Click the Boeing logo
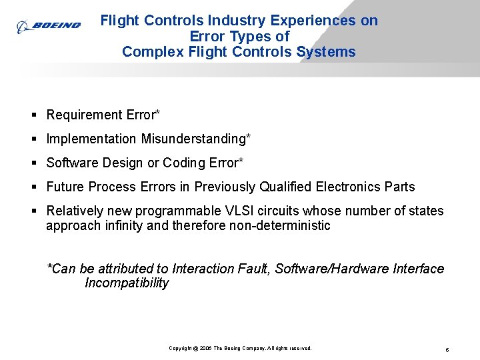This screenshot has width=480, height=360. pyautogui.click(x=49, y=26)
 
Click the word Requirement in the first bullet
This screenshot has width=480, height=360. pyautogui.click(x=84, y=115)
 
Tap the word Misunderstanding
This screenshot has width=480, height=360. pyautogui.click(x=195, y=139)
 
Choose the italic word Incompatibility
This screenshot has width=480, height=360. pyautogui.click(x=127, y=283)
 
